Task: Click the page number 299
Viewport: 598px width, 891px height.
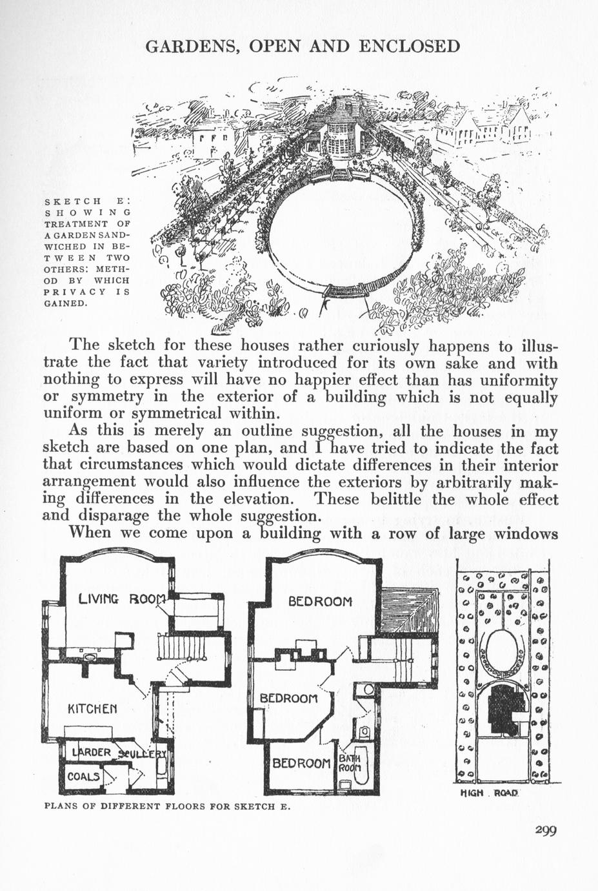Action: (546, 830)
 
